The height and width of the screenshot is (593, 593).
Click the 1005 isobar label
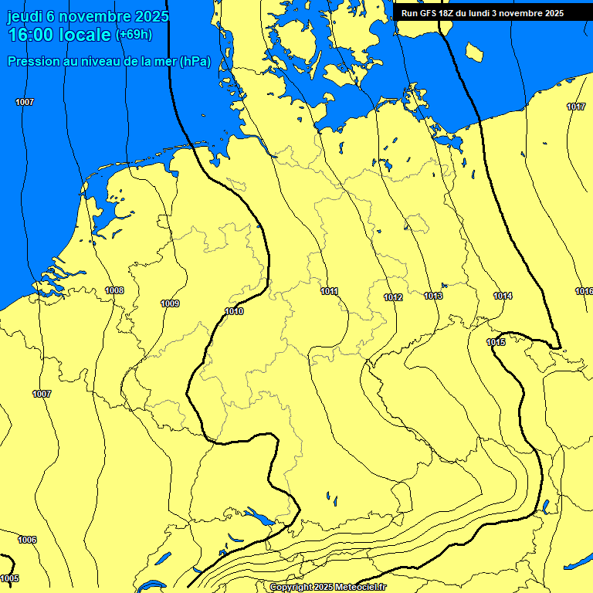tap(9, 578)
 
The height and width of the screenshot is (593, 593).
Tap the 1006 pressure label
tap(27, 540)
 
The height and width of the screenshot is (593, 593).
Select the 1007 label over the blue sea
tap(25, 102)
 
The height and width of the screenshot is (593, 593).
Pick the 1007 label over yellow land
tap(42, 394)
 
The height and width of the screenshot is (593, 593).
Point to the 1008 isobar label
tap(114, 290)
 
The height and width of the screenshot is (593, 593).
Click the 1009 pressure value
tap(170, 303)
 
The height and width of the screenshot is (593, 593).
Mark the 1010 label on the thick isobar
tap(234, 311)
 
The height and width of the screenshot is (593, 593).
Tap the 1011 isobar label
tap(330, 291)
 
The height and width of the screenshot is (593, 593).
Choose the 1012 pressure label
tap(393, 297)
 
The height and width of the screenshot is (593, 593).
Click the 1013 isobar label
tap(433, 296)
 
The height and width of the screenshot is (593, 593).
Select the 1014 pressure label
tap(503, 296)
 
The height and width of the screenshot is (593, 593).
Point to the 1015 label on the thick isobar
tap(496, 342)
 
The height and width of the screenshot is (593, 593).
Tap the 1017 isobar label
tap(576, 107)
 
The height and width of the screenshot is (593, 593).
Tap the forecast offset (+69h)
tap(134, 35)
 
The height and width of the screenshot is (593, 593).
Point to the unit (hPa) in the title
tap(195, 62)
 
